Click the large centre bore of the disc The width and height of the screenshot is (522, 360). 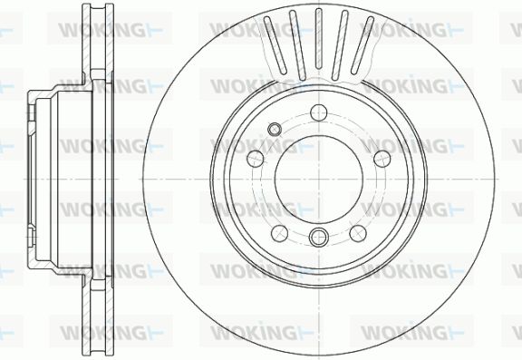click(319, 180)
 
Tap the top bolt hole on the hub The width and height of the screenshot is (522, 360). click(319, 112)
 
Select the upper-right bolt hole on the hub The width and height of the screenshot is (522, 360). click(382, 159)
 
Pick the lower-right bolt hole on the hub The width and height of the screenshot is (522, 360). click(358, 233)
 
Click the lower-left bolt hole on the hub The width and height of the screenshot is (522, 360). click(280, 233)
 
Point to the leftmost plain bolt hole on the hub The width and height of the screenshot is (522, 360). click(256, 159)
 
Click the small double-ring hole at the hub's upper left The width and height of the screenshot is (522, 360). click(274, 129)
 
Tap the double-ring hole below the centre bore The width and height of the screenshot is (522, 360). click(319, 237)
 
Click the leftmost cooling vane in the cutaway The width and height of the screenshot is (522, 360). click(275, 45)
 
